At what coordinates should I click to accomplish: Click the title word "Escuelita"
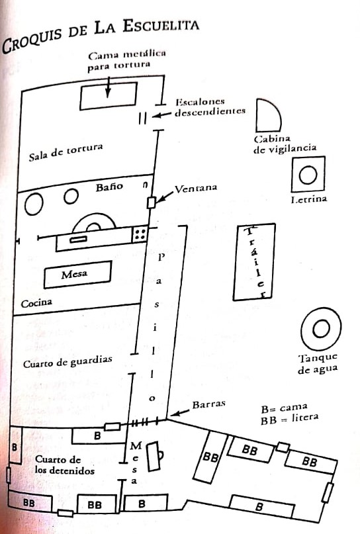click(161, 25)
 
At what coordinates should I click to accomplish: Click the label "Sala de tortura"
click(66, 152)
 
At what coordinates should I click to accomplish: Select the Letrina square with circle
click(308, 175)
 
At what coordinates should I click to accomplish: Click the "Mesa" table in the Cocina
click(77, 274)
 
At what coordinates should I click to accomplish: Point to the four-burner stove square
click(140, 234)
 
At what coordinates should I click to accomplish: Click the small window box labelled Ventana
click(151, 202)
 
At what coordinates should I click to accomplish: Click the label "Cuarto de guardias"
click(67, 361)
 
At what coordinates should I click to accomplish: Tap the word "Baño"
click(109, 187)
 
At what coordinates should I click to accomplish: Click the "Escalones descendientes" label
click(210, 107)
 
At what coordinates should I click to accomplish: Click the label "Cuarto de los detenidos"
click(65, 465)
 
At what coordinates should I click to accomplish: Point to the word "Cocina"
click(36, 302)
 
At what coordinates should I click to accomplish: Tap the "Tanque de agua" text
click(318, 364)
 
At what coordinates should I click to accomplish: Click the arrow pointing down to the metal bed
click(108, 87)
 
